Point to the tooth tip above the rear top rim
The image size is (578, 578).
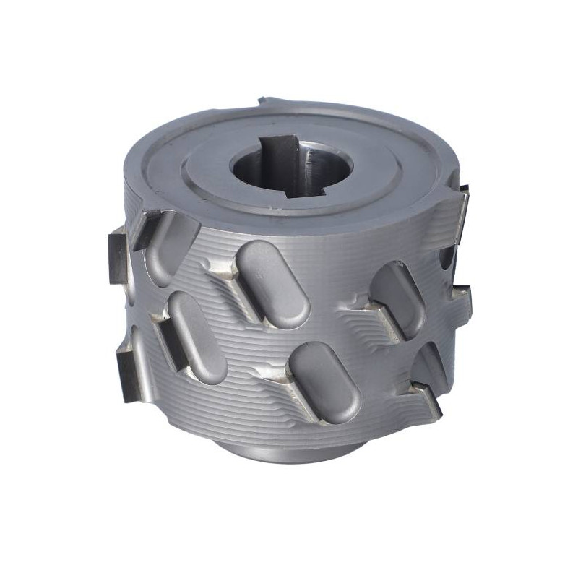pos(269,100)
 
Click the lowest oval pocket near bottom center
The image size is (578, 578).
pos(325,381)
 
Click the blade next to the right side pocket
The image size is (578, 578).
pos(376,318)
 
